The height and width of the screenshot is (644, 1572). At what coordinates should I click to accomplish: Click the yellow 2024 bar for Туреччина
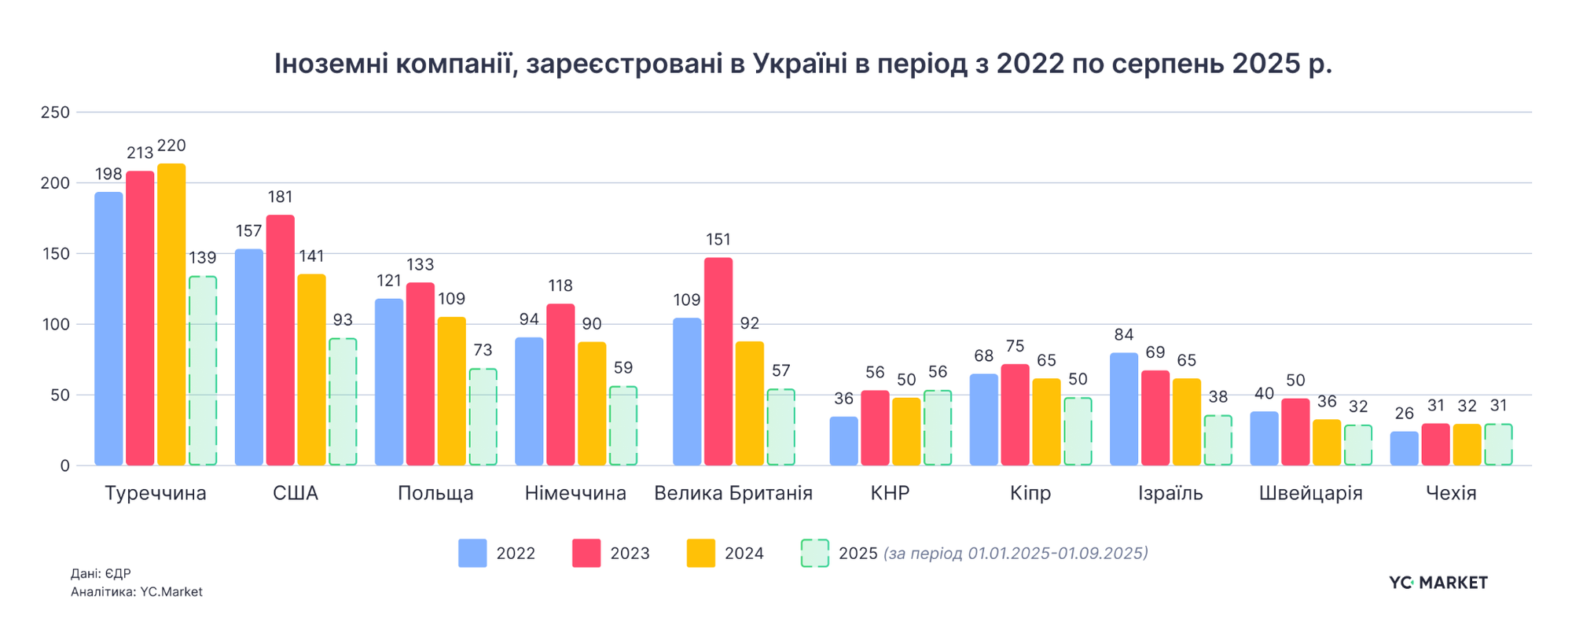pyautogui.click(x=171, y=315)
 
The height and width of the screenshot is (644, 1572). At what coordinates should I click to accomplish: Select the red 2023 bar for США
pyautogui.click(x=281, y=340)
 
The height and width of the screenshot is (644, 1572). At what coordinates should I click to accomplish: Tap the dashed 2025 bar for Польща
pyautogui.click(x=483, y=417)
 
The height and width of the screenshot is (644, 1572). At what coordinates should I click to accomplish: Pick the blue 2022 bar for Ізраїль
pyautogui.click(x=1124, y=409)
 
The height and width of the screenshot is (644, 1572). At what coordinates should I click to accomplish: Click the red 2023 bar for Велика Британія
pyautogui.click(x=718, y=362)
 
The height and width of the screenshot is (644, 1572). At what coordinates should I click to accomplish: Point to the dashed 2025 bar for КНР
pyautogui.click(x=937, y=428)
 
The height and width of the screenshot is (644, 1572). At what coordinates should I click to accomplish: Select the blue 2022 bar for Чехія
pyautogui.click(x=1404, y=448)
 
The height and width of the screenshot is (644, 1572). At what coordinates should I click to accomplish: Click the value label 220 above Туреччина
pyautogui.click(x=171, y=146)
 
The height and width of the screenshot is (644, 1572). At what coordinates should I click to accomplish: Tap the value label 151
pyautogui.click(x=718, y=240)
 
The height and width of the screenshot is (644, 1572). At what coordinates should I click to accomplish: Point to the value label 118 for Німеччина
pyautogui.click(x=560, y=286)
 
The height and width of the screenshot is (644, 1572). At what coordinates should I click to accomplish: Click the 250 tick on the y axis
pyautogui.click(x=55, y=112)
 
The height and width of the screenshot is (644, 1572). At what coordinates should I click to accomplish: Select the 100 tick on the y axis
pyautogui.click(x=55, y=325)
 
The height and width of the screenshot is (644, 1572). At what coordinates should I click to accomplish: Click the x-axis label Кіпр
pyautogui.click(x=1030, y=494)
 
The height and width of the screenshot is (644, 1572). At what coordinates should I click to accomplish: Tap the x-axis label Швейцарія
pyautogui.click(x=1310, y=494)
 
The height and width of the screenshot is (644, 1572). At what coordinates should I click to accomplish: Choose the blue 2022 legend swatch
pyautogui.click(x=472, y=553)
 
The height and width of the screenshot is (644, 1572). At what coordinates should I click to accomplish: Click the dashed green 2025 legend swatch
pyautogui.click(x=814, y=553)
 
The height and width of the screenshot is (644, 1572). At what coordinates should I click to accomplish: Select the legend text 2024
pyautogui.click(x=744, y=554)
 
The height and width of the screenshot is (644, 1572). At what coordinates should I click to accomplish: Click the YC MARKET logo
pyautogui.click(x=1438, y=583)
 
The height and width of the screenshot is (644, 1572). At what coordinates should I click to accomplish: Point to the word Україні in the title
pyautogui.click(x=799, y=64)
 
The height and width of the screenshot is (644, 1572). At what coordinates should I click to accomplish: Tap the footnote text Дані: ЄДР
pyautogui.click(x=101, y=574)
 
